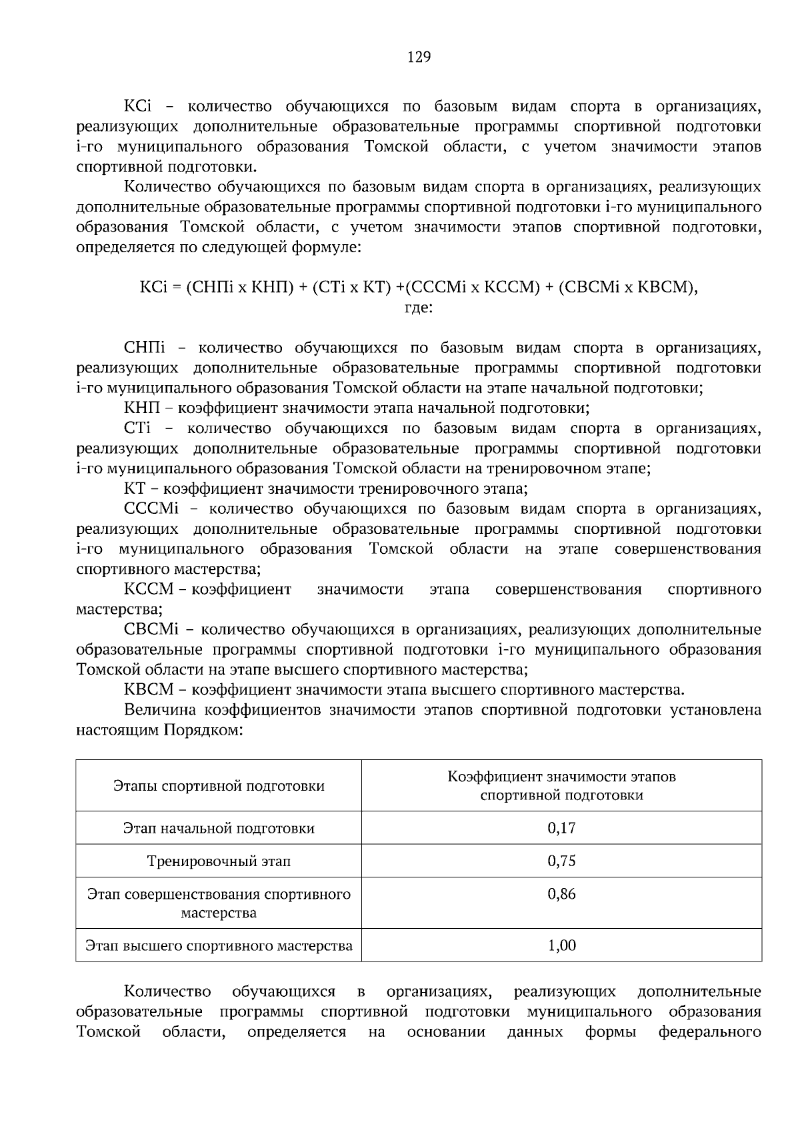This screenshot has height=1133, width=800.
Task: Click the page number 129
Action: [419, 57]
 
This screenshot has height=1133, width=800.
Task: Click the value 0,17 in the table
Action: [561, 828]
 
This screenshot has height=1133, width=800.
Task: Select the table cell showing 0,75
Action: [561, 861]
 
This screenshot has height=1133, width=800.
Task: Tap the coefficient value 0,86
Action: [561, 894]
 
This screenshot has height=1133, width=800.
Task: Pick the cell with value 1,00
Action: [561, 946]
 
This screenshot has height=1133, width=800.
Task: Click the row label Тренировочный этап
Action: [219, 861]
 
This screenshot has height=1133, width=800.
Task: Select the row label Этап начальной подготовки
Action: [219, 829]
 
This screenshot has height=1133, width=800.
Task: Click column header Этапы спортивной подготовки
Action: [219, 786]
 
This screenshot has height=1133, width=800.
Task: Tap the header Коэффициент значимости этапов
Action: [561, 777]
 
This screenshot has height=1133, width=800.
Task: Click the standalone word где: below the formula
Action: [419, 308]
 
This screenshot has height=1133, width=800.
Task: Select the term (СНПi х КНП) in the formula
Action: [239, 288]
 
